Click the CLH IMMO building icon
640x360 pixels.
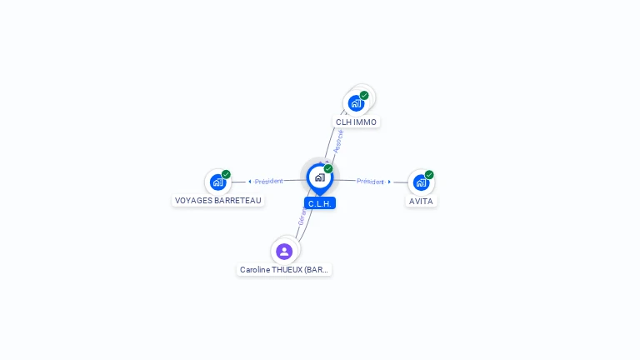tap(356, 103)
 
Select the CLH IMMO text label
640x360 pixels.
tap(356, 122)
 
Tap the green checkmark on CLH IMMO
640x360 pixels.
tap(364, 95)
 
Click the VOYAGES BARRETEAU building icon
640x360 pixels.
tap(217, 182)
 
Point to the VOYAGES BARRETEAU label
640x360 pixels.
tap(218, 201)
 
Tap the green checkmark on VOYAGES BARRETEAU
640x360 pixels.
tap(226, 174)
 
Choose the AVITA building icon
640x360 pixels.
tap(421, 182)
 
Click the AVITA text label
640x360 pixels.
tap(421, 201)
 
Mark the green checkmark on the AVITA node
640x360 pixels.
tap(429, 175)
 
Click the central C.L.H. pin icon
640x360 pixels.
tap(319, 177)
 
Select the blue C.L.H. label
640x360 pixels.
tap(320, 203)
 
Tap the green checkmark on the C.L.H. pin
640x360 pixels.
tap(328, 169)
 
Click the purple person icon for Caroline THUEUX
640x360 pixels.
tap(284, 251)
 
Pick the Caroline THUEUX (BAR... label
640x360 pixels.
tap(284, 270)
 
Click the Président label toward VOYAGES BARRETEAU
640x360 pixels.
tap(269, 181)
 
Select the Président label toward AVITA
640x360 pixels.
tap(370, 181)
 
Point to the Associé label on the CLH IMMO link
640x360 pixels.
tap(338, 140)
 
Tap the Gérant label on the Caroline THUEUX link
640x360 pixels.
tap(302, 217)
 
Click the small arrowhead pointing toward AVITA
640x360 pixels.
tap(389, 182)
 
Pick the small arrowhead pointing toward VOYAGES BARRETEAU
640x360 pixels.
tap(250, 182)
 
